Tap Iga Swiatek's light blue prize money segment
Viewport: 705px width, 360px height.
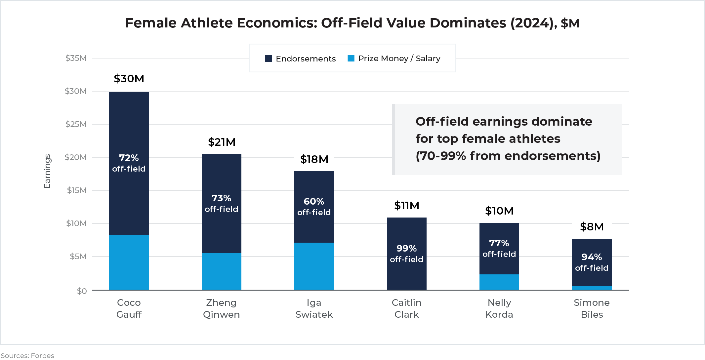(314, 266)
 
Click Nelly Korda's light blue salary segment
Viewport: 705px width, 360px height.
(499, 282)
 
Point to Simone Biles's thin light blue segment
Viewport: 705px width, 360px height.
(592, 288)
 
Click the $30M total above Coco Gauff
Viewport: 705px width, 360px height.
(129, 79)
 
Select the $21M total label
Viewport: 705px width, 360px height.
(222, 142)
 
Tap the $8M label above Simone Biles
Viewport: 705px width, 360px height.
(592, 227)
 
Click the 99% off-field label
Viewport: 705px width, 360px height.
(406, 254)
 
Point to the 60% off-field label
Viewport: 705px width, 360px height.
(314, 207)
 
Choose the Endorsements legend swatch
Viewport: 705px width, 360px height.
(269, 59)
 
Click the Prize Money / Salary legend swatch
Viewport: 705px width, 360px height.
(351, 59)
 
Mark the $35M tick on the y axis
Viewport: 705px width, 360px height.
(76, 58)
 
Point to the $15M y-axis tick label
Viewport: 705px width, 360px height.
(77, 190)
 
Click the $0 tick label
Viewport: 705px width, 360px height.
(82, 291)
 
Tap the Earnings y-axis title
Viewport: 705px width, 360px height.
(47, 171)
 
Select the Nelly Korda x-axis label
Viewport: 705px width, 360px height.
(499, 308)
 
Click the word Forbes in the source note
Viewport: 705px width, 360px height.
(42, 356)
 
